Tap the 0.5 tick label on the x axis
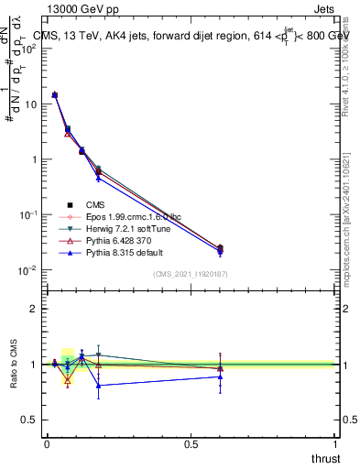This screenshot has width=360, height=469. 191,444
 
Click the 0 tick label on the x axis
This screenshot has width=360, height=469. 47,444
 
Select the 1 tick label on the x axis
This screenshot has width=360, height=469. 335,444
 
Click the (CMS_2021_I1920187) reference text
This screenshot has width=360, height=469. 191,275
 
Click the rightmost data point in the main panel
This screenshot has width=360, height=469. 220,248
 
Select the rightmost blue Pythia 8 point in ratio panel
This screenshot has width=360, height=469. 220,376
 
